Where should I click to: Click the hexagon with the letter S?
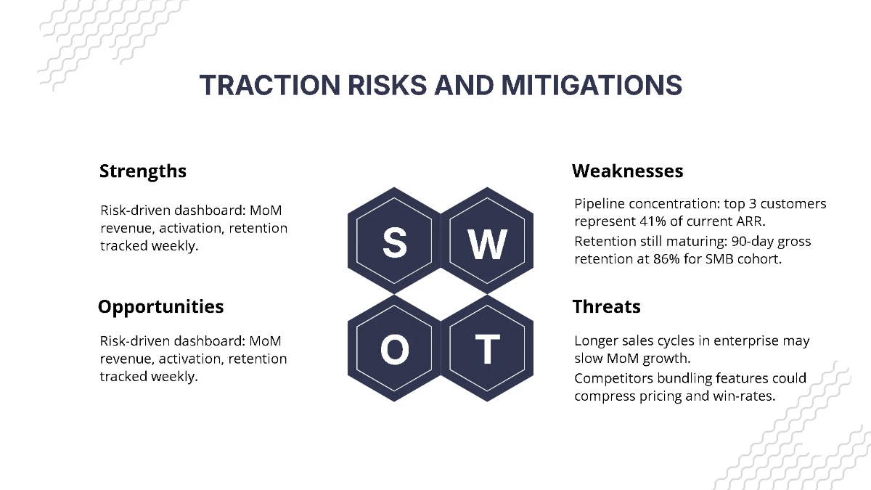[394, 242]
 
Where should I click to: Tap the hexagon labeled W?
[487, 242]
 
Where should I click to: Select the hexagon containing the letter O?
[394, 350]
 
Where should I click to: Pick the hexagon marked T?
[487, 350]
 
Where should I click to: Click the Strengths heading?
[142, 171]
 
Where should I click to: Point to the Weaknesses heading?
[627, 171]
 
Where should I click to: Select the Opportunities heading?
[160, 306]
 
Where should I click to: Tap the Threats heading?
[606, 306]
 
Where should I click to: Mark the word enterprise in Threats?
[729, 340]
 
